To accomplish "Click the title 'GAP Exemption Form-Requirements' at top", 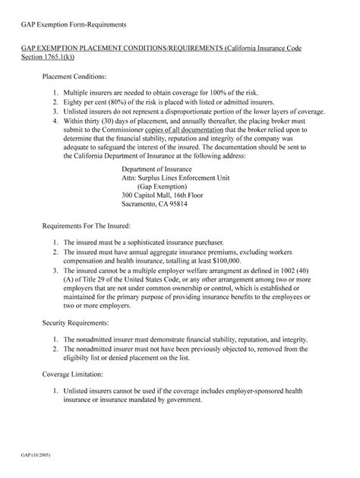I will [x=74, y=27].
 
